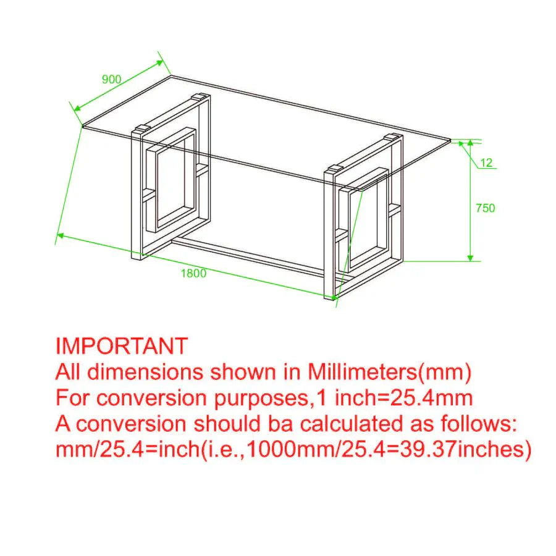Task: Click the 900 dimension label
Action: click(112, 79)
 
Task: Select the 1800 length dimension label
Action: click(193, 273)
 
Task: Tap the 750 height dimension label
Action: click(485, 208)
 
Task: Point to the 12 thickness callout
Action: click(487, 162)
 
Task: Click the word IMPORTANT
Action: click(122, 346)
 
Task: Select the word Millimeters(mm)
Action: click(389, 372)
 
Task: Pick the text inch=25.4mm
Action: click(404, 398)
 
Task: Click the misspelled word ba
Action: click(281, 424)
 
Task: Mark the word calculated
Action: click(352, 424)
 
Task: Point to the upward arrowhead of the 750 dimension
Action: click(470, 143)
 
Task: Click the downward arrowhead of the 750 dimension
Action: click(470, 258)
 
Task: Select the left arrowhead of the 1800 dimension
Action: click(61, 235)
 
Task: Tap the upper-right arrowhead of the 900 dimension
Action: click(159, 63)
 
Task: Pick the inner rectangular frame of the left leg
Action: click(171, 180)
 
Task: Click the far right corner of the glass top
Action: click(451, 140)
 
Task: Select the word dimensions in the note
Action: click(145, 372)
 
